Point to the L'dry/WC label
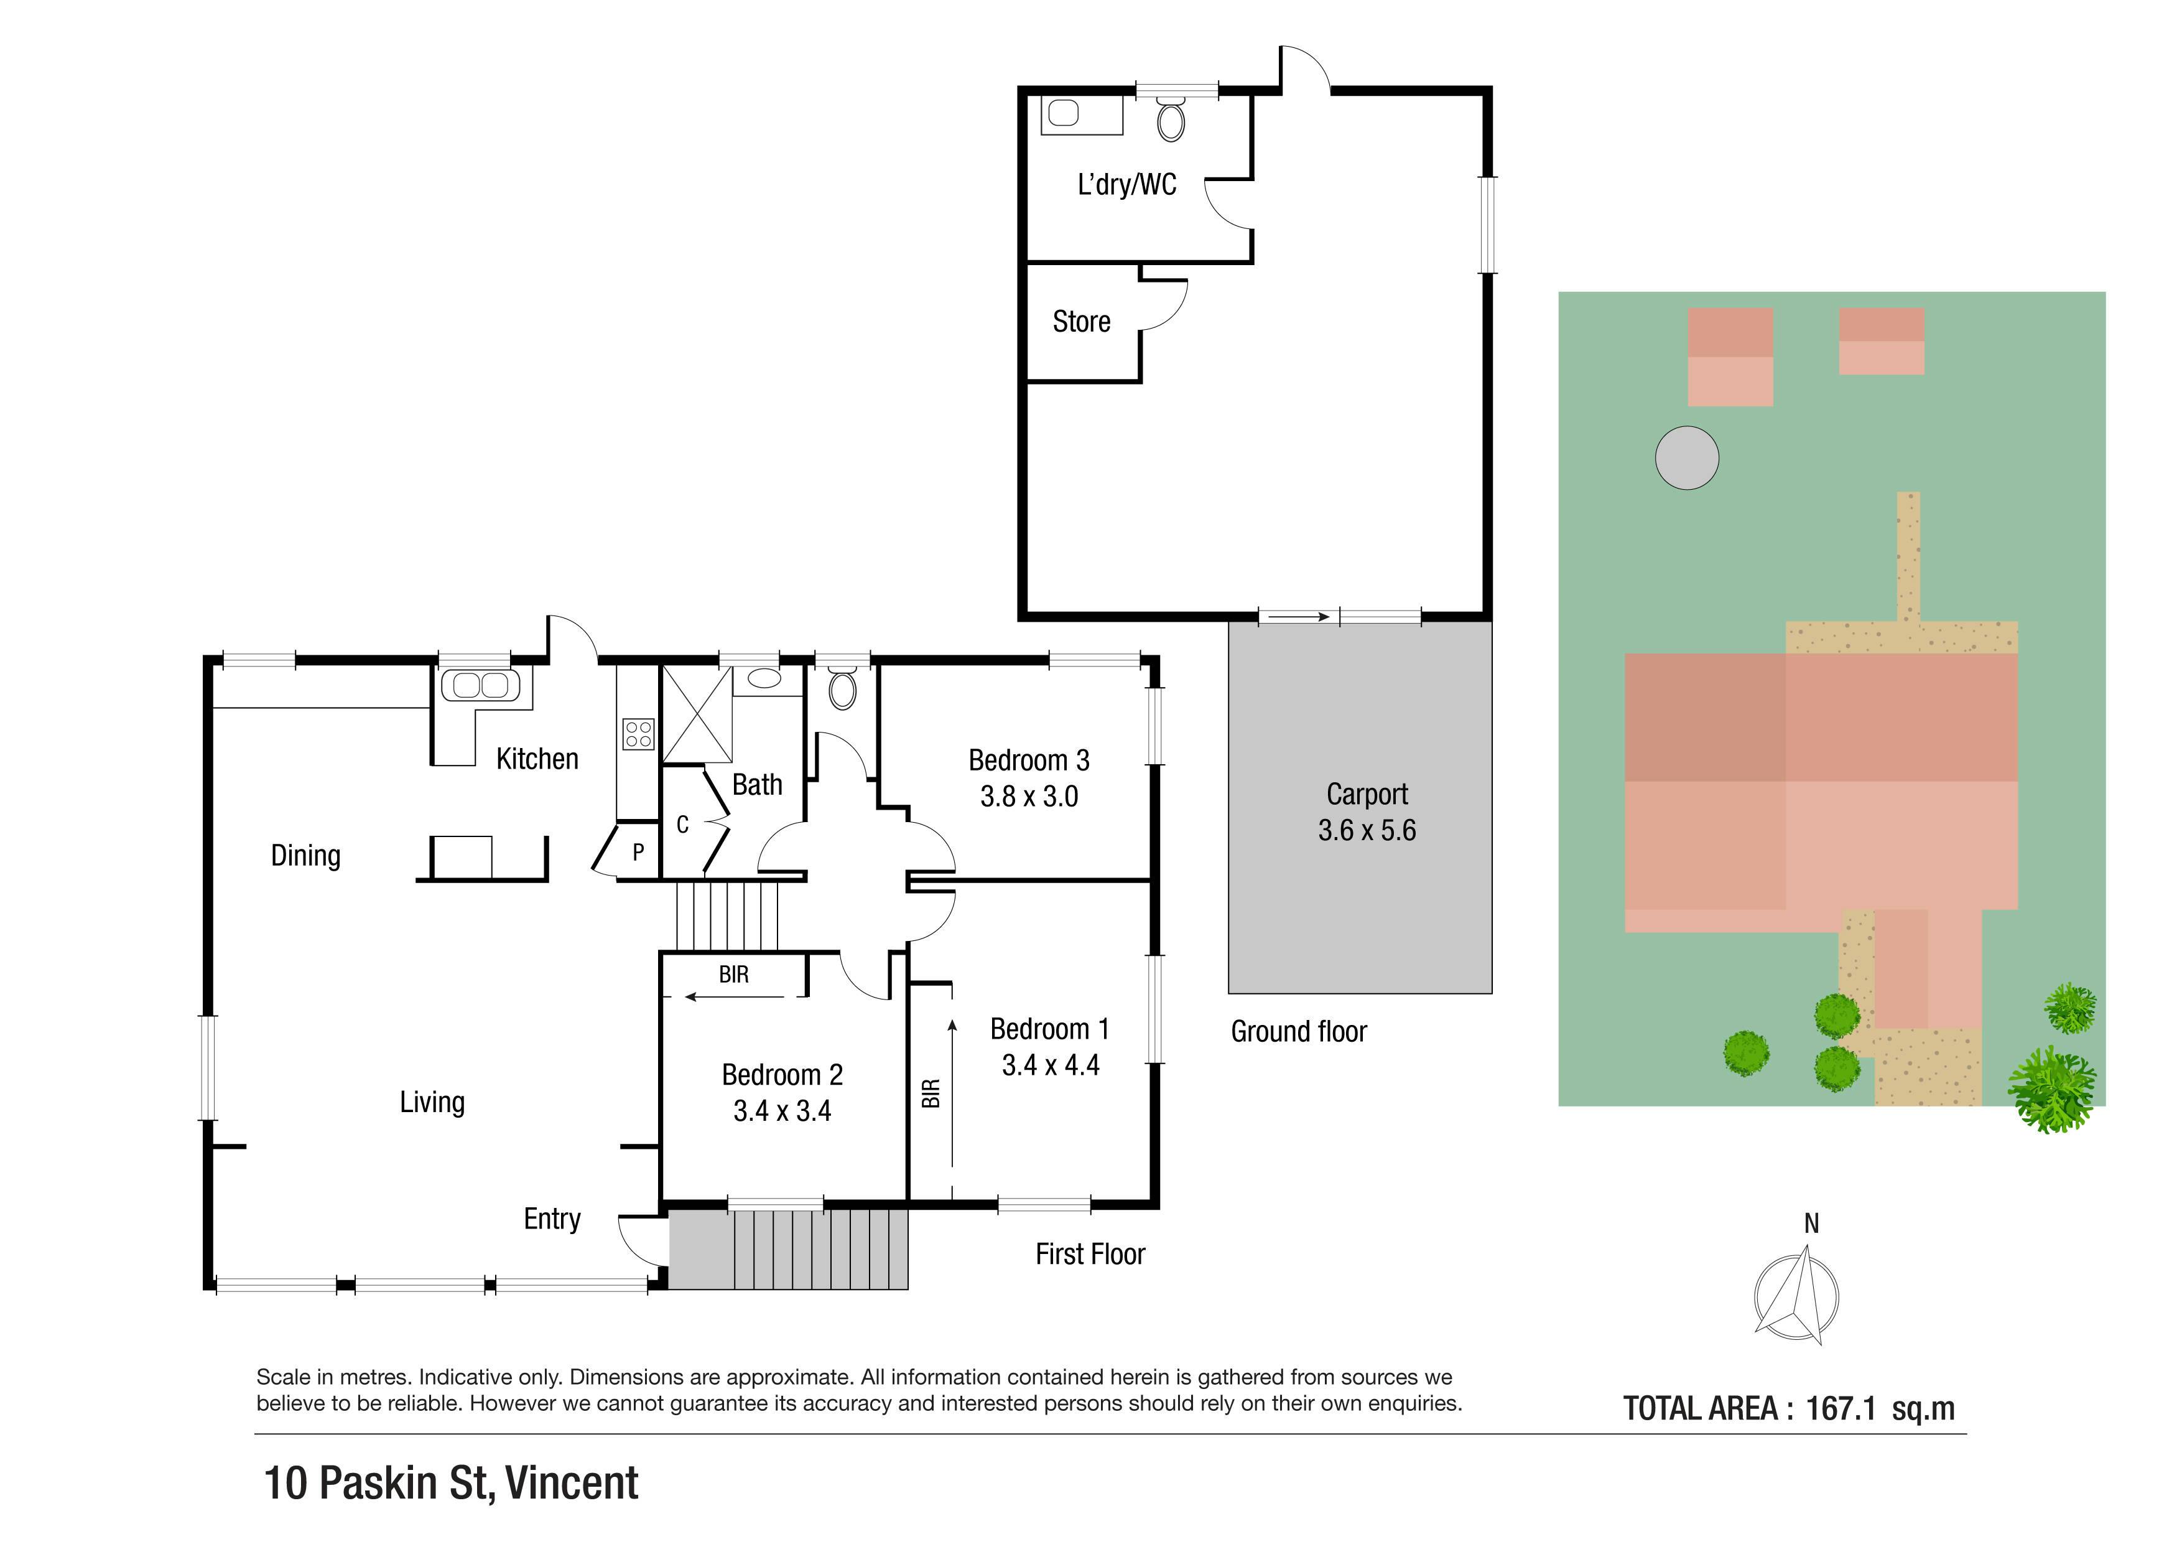point(1127,184)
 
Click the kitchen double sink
point(481,685)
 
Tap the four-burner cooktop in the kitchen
point(639,734)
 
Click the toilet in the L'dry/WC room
point(1172,119)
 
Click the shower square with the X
point(697,714)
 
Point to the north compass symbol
point(1796,1295)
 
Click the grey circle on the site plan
point(1687,457)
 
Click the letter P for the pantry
point(639,852)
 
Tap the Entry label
point(552,1219)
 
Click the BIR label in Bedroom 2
point(734,975)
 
